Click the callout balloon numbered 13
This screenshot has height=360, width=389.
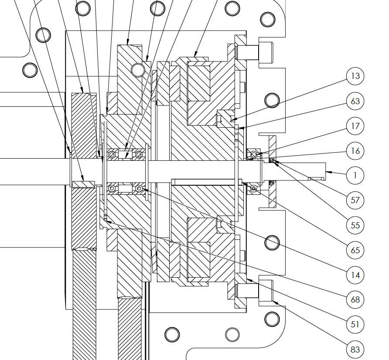tap(355, 76)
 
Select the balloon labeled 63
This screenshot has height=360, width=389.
tap(355, 101)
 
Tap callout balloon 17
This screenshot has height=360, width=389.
tap(355, 126)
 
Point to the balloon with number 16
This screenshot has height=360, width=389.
tap(355, 151)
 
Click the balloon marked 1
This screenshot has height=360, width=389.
tap(355, 175)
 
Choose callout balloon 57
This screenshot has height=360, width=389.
tap(355, 200)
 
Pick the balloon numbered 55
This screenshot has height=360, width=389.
tap(355, 225)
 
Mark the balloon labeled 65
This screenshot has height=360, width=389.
tap(355, 250)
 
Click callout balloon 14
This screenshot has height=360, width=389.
tap(355, 275)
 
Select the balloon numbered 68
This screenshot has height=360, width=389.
tap(355, 299)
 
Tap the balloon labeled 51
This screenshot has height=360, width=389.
tap(355, 324)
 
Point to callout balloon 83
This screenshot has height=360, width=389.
tap(355, 350)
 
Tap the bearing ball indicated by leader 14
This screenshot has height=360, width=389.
tap(139, 189)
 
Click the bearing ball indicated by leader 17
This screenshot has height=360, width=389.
tap(253, 155)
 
